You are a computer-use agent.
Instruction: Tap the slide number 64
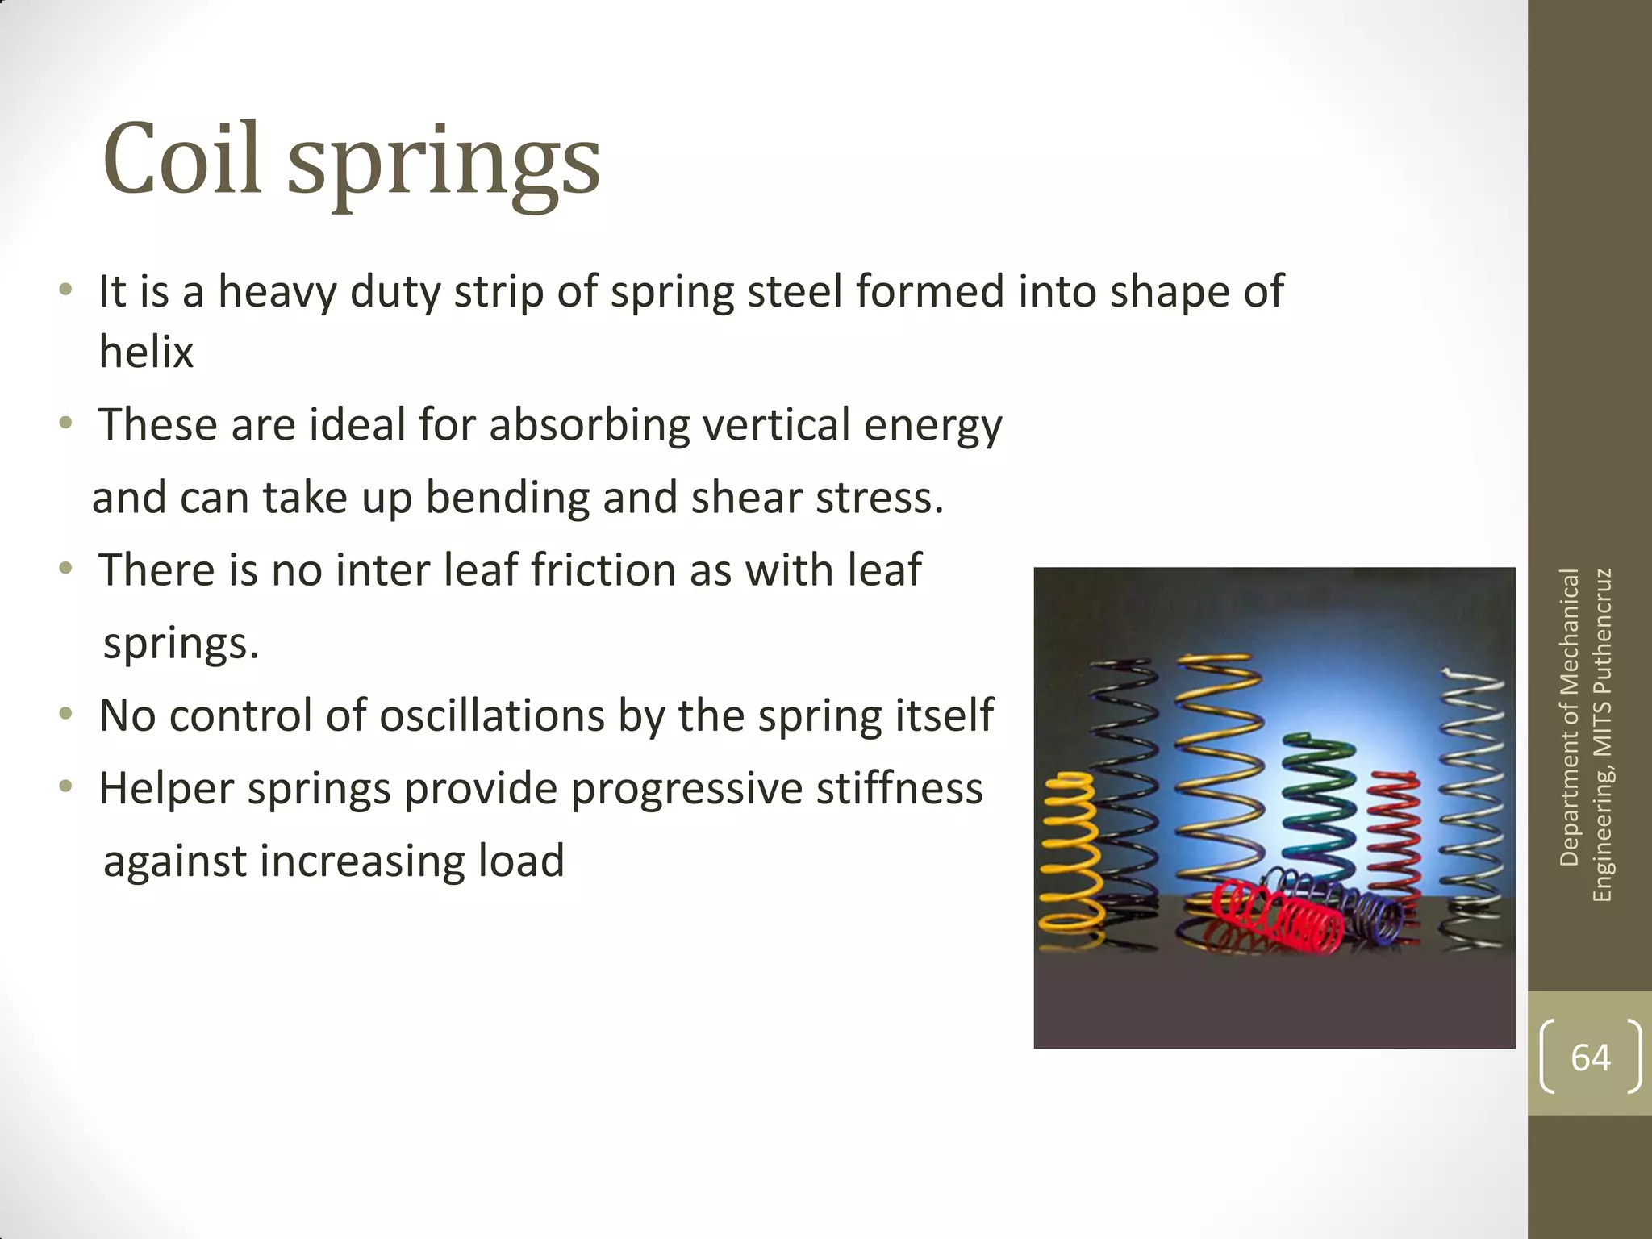pos(1590,1057)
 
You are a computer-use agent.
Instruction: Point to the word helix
pos(146,352)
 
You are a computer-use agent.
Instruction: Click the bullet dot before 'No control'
pos(67,714)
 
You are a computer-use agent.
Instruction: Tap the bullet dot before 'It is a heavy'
pos(67,290)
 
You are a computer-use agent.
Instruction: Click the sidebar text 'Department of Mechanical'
pos(1569,718)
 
